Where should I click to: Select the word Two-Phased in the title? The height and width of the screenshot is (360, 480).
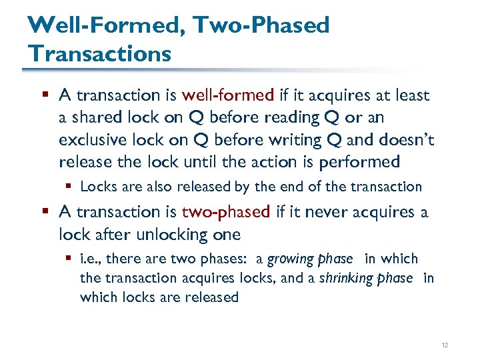click(x=262, y=25)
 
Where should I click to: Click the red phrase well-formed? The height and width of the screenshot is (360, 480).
click(x=227, y=95)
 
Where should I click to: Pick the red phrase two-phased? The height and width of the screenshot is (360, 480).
click(x=226, y=211)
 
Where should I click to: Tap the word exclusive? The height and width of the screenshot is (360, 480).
click(x=91, y=139)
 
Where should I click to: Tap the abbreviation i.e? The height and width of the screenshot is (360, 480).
click(x=90, y=259)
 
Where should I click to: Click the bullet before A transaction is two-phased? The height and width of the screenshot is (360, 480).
click(x=44, y=212)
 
